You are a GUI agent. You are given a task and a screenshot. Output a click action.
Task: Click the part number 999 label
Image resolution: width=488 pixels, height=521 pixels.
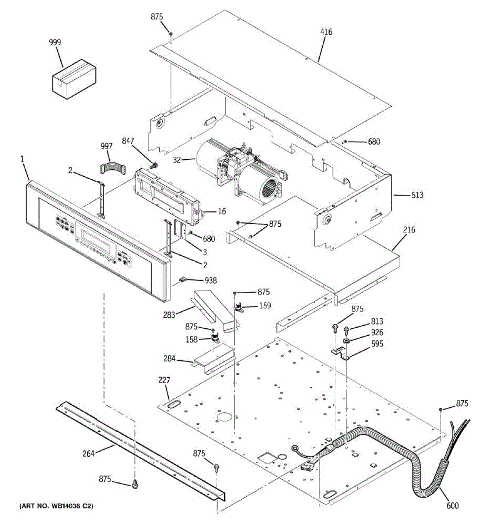(x=55, y=42)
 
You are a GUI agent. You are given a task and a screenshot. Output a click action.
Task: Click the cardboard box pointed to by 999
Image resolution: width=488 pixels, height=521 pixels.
(x=74, y=79)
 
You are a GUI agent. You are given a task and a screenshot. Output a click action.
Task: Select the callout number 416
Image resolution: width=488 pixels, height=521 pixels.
(x=326, y=32)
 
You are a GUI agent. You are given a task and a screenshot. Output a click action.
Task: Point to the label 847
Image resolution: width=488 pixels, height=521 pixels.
(x=128, y=141)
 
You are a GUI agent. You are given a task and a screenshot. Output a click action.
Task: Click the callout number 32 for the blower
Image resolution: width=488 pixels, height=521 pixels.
(x=177, y=159)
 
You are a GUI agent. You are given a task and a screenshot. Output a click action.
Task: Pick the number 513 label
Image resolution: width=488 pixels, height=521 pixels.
(x=417, y=195)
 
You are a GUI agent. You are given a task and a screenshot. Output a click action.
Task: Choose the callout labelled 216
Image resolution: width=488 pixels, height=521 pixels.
(x=409, y=230)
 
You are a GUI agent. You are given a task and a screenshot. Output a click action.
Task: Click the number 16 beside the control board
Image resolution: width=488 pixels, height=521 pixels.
(x=222, y=211)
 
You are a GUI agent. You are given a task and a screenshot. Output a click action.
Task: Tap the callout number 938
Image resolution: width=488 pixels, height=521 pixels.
(x=211, y=280)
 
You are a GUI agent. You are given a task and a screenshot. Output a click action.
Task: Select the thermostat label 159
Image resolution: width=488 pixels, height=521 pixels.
(x=265, y=306)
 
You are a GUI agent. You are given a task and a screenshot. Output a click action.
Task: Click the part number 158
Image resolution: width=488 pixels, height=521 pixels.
(x=191, y=340)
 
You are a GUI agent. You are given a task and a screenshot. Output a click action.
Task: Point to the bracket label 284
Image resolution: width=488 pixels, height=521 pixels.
(x=170, y=358)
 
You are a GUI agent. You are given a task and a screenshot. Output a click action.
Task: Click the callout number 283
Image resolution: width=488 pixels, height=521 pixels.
(x=169, y=314)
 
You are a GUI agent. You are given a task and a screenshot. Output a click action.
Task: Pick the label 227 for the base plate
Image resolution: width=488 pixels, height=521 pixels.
(x=164, y=380)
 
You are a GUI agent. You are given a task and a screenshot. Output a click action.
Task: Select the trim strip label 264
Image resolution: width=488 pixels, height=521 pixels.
(x=88, y=453)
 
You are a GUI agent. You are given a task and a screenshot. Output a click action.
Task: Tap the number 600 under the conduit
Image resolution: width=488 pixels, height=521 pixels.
(x=453, y=505)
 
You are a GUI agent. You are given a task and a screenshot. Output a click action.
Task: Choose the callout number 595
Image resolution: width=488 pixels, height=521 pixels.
(x=377, y=344)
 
